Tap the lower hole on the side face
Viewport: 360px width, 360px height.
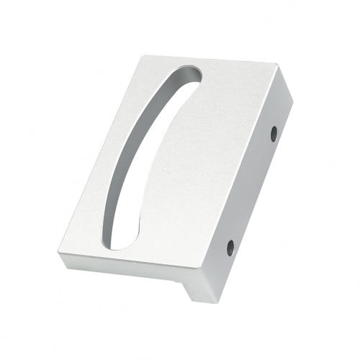point(230,247)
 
